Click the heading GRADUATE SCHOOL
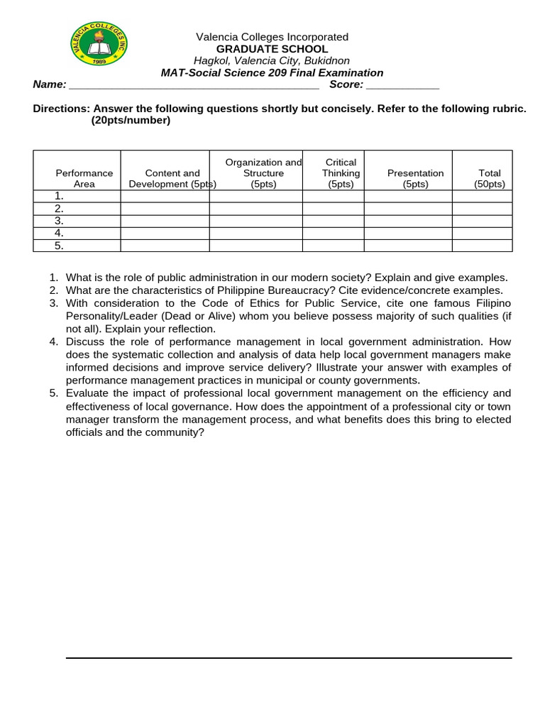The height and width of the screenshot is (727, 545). tap(272, 49)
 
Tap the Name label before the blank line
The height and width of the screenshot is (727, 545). tap(50, 84)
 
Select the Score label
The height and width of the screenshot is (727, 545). tap(346, 84)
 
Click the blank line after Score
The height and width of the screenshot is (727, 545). tap(403, 85)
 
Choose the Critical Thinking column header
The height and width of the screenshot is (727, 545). tap(341, 173)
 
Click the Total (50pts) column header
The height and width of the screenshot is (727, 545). tap(489, 178)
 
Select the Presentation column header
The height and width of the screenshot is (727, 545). tap(415, 178)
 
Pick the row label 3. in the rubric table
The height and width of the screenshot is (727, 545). tap(60, 221)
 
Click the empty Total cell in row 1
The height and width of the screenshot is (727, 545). tap(482, 197)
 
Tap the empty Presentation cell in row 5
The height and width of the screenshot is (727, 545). tap(408, 246)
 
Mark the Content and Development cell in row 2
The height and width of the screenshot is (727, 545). tap(165, 209)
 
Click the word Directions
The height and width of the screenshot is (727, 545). tap(62, 109)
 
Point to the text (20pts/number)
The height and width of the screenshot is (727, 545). tap(131, 121)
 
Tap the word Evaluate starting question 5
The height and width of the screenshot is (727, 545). tap(89, 393)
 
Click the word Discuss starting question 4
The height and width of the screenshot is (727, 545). tap(87, 341)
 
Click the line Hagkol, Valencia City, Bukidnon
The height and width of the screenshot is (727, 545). tap(272, 61)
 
